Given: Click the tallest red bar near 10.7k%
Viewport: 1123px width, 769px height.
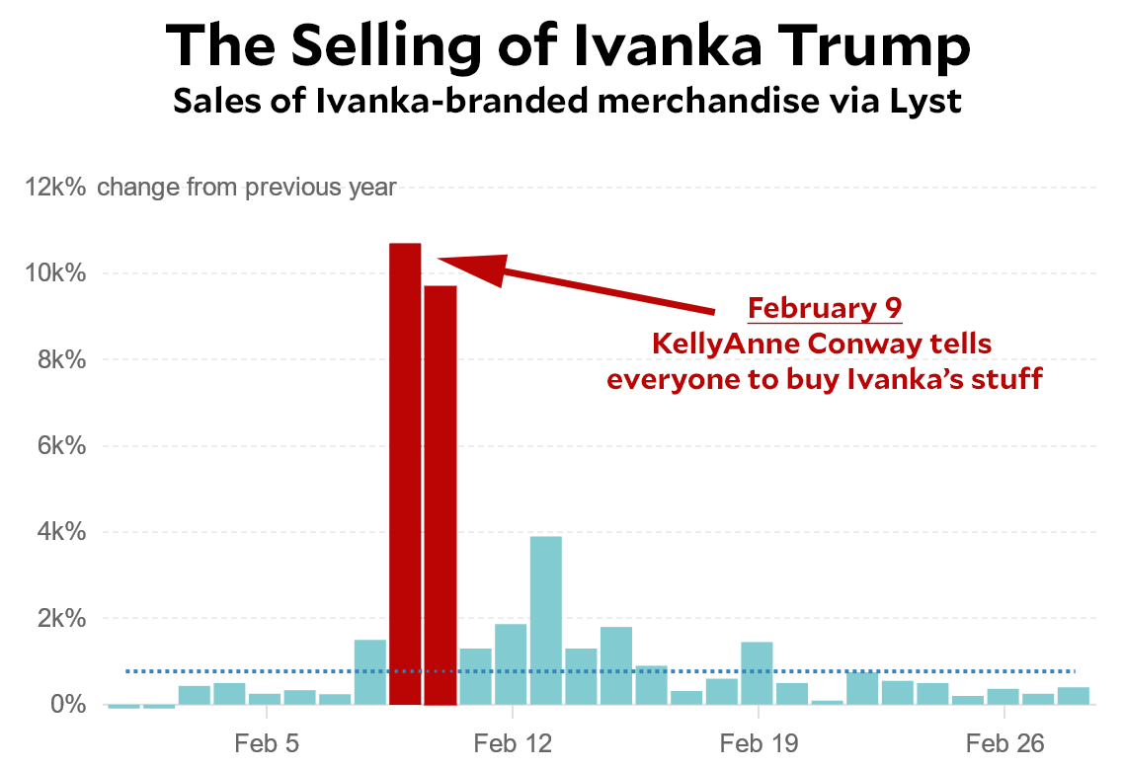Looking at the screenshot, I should click(x=405, y=474).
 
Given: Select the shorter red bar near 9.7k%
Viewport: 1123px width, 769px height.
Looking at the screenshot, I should click(x=441, y=494).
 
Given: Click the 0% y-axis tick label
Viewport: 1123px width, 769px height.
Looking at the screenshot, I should click(x=69, y=705).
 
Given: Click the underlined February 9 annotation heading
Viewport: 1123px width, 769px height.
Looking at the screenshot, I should click(x=825, y=309).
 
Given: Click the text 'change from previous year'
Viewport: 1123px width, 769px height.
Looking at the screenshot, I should click(x=247, y=187).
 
